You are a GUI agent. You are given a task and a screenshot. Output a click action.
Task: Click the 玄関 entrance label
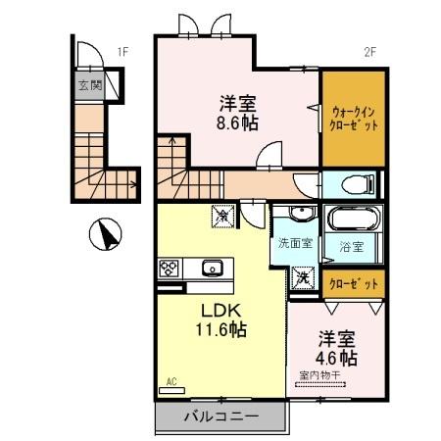pos(90,85)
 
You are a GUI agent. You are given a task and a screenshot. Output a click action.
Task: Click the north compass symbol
pos(104,235)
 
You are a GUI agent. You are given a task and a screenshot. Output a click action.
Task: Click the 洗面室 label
pos(295,243)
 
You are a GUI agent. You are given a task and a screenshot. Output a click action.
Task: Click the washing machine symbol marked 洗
pos(302,277)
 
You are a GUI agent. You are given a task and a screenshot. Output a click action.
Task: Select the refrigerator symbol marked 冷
pos(222,213)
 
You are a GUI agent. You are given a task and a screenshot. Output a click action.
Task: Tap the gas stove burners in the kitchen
pos(167,268)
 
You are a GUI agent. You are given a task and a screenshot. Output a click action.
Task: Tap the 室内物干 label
pos(321,374)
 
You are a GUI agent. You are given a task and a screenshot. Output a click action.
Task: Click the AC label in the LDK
pos(170,381)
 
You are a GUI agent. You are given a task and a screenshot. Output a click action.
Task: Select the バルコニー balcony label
pos(220,416)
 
